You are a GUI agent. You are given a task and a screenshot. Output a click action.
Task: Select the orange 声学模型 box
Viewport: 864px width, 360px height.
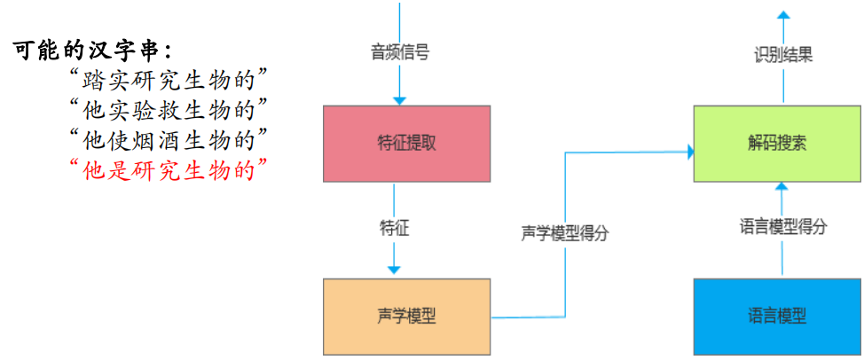(x=406, y=316)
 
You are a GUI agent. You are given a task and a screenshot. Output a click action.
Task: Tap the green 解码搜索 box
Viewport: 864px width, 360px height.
(x=776, y=144)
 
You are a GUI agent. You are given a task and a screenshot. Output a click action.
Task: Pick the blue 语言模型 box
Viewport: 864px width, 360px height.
(x=776, y=316)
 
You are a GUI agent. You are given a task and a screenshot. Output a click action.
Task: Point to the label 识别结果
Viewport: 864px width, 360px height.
(x=783, y=55)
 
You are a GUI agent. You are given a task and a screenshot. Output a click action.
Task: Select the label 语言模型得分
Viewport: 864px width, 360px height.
(x=783, y=226)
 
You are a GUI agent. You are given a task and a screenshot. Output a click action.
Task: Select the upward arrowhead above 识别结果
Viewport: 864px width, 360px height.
(x=783, y=15)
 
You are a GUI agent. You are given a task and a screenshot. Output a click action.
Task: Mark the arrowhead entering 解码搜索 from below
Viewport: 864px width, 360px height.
(x=783, y=187)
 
